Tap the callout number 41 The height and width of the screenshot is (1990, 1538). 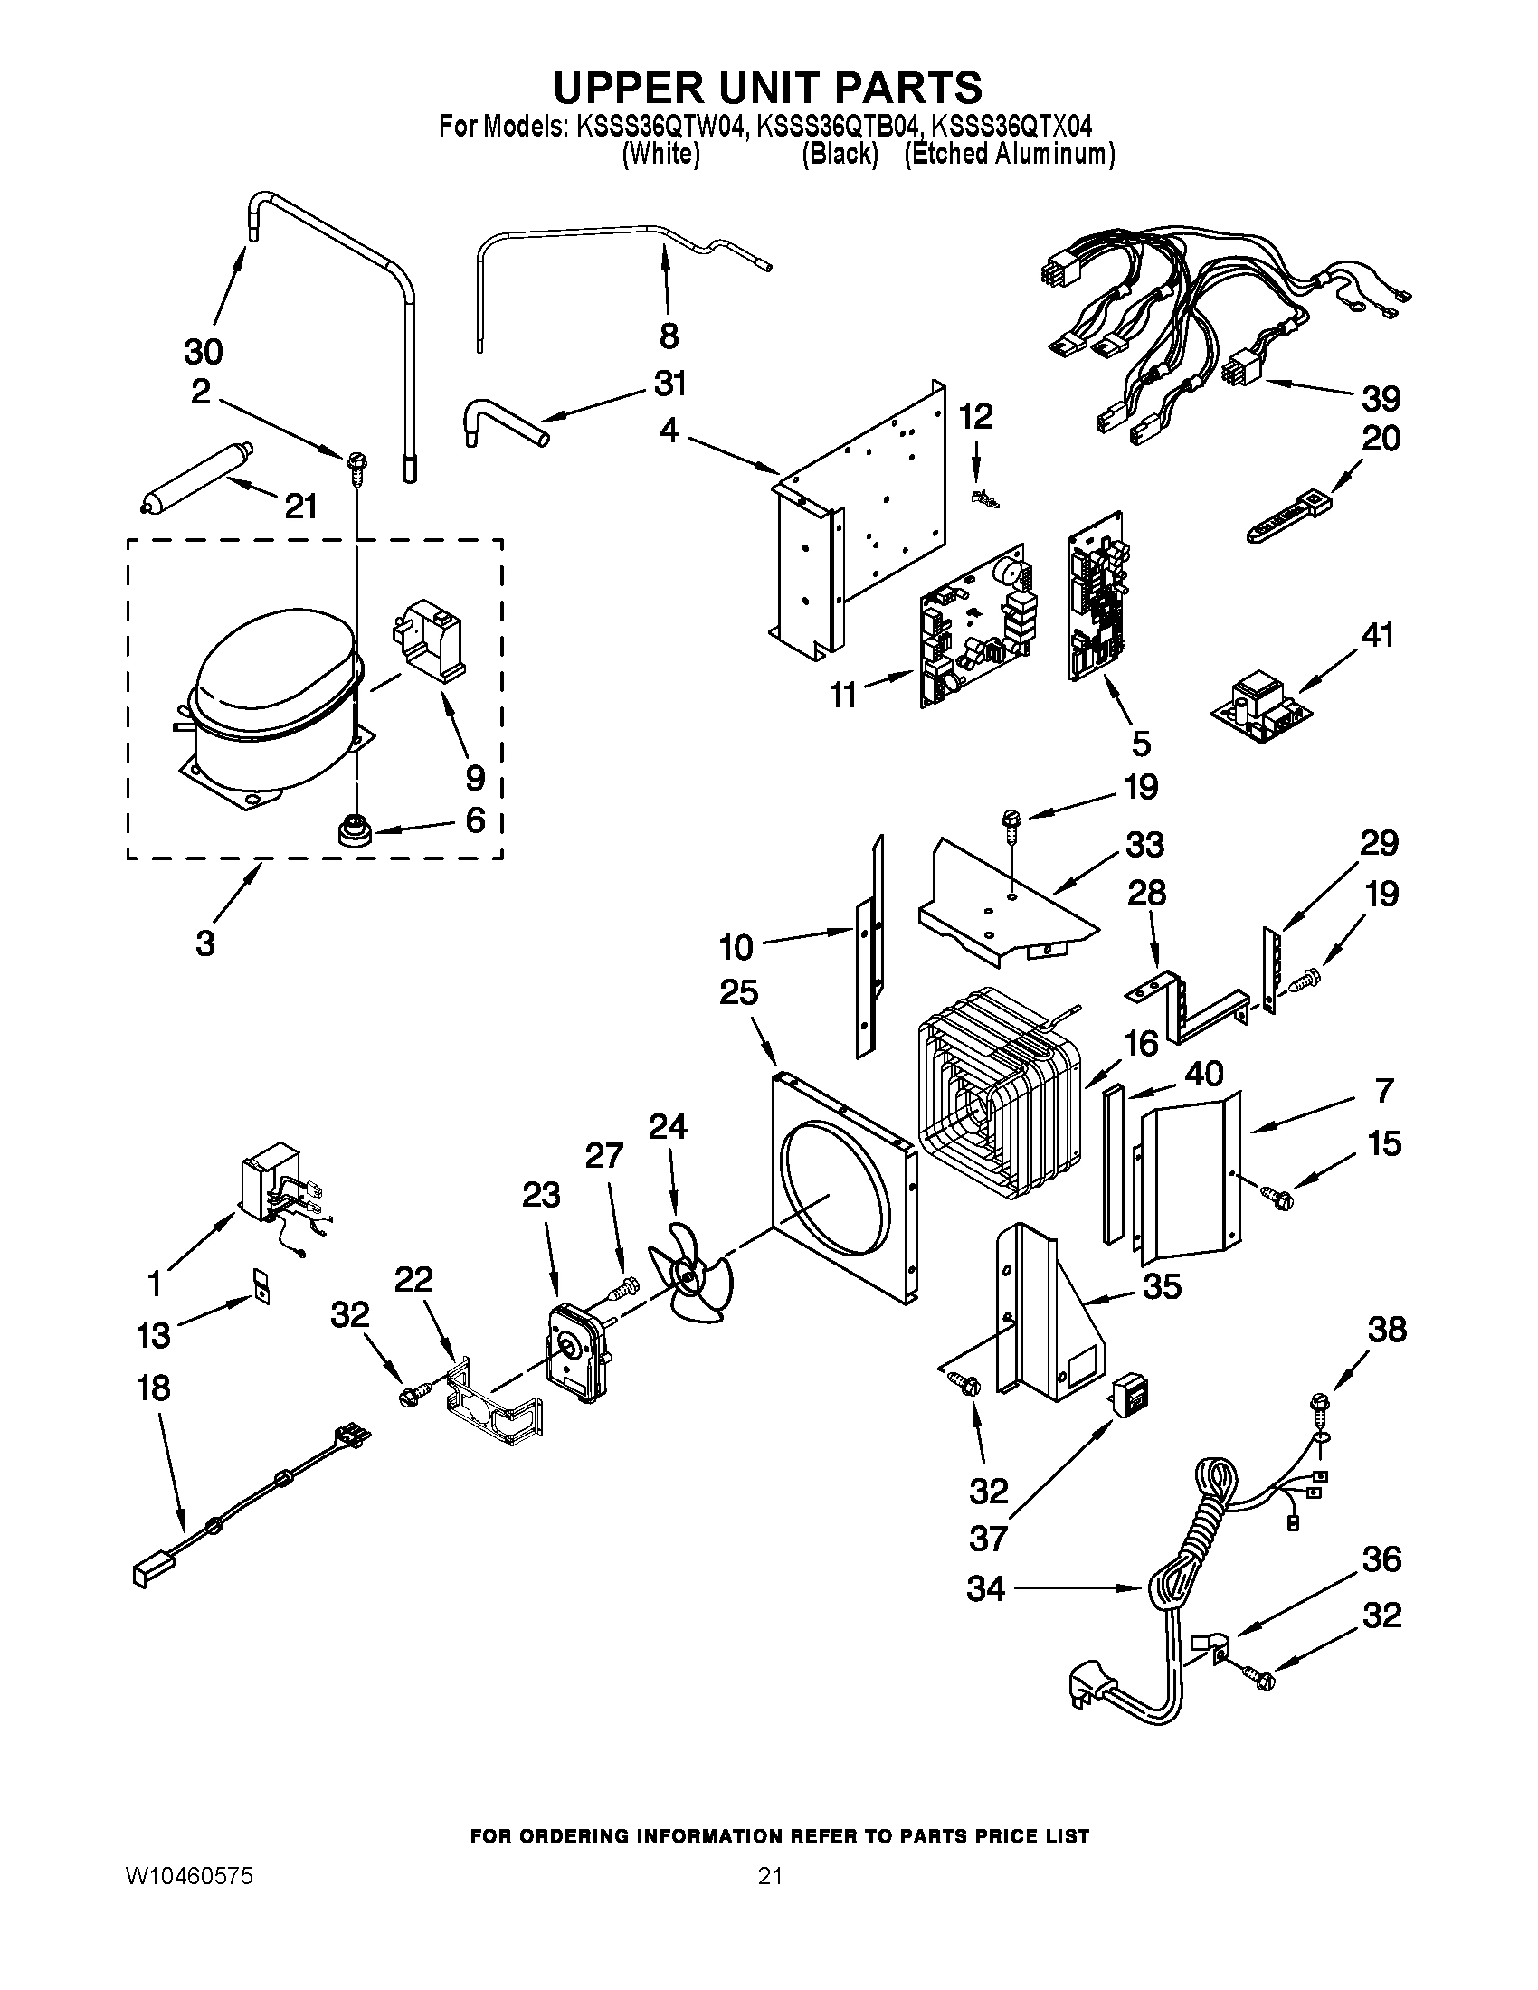(1377, 634)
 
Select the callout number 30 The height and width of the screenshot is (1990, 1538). (204, 351)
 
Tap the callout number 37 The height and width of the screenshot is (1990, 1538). (988, 1539)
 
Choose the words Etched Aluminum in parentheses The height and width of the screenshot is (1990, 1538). (1009, 154)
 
